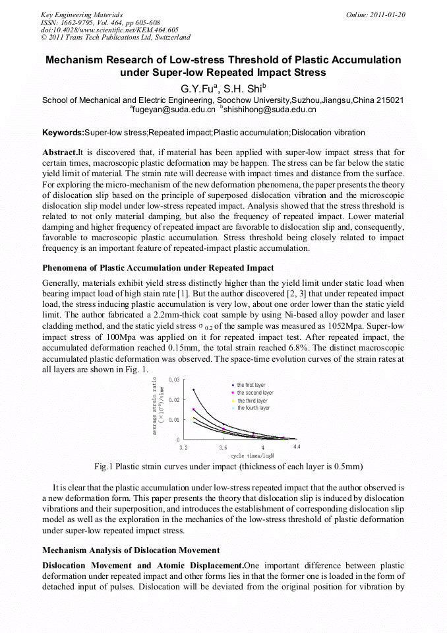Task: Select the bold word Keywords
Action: tap(63, 133)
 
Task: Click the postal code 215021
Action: tap(390, 100)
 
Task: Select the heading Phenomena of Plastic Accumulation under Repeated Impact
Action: tap(158, 267)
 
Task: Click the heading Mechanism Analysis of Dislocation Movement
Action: tap(131, 550)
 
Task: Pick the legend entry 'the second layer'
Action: tap(254, 393)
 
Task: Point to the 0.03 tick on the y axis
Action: tap(174, 380)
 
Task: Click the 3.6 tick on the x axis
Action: tap(223, 447)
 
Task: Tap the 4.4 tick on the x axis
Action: tap(297, 447)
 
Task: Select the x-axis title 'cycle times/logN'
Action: tap(252, 455)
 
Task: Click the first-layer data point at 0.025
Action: tap(194, 390)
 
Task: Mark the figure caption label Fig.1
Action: tap(104, 467)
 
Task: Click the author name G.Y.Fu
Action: tap(196, 87)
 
